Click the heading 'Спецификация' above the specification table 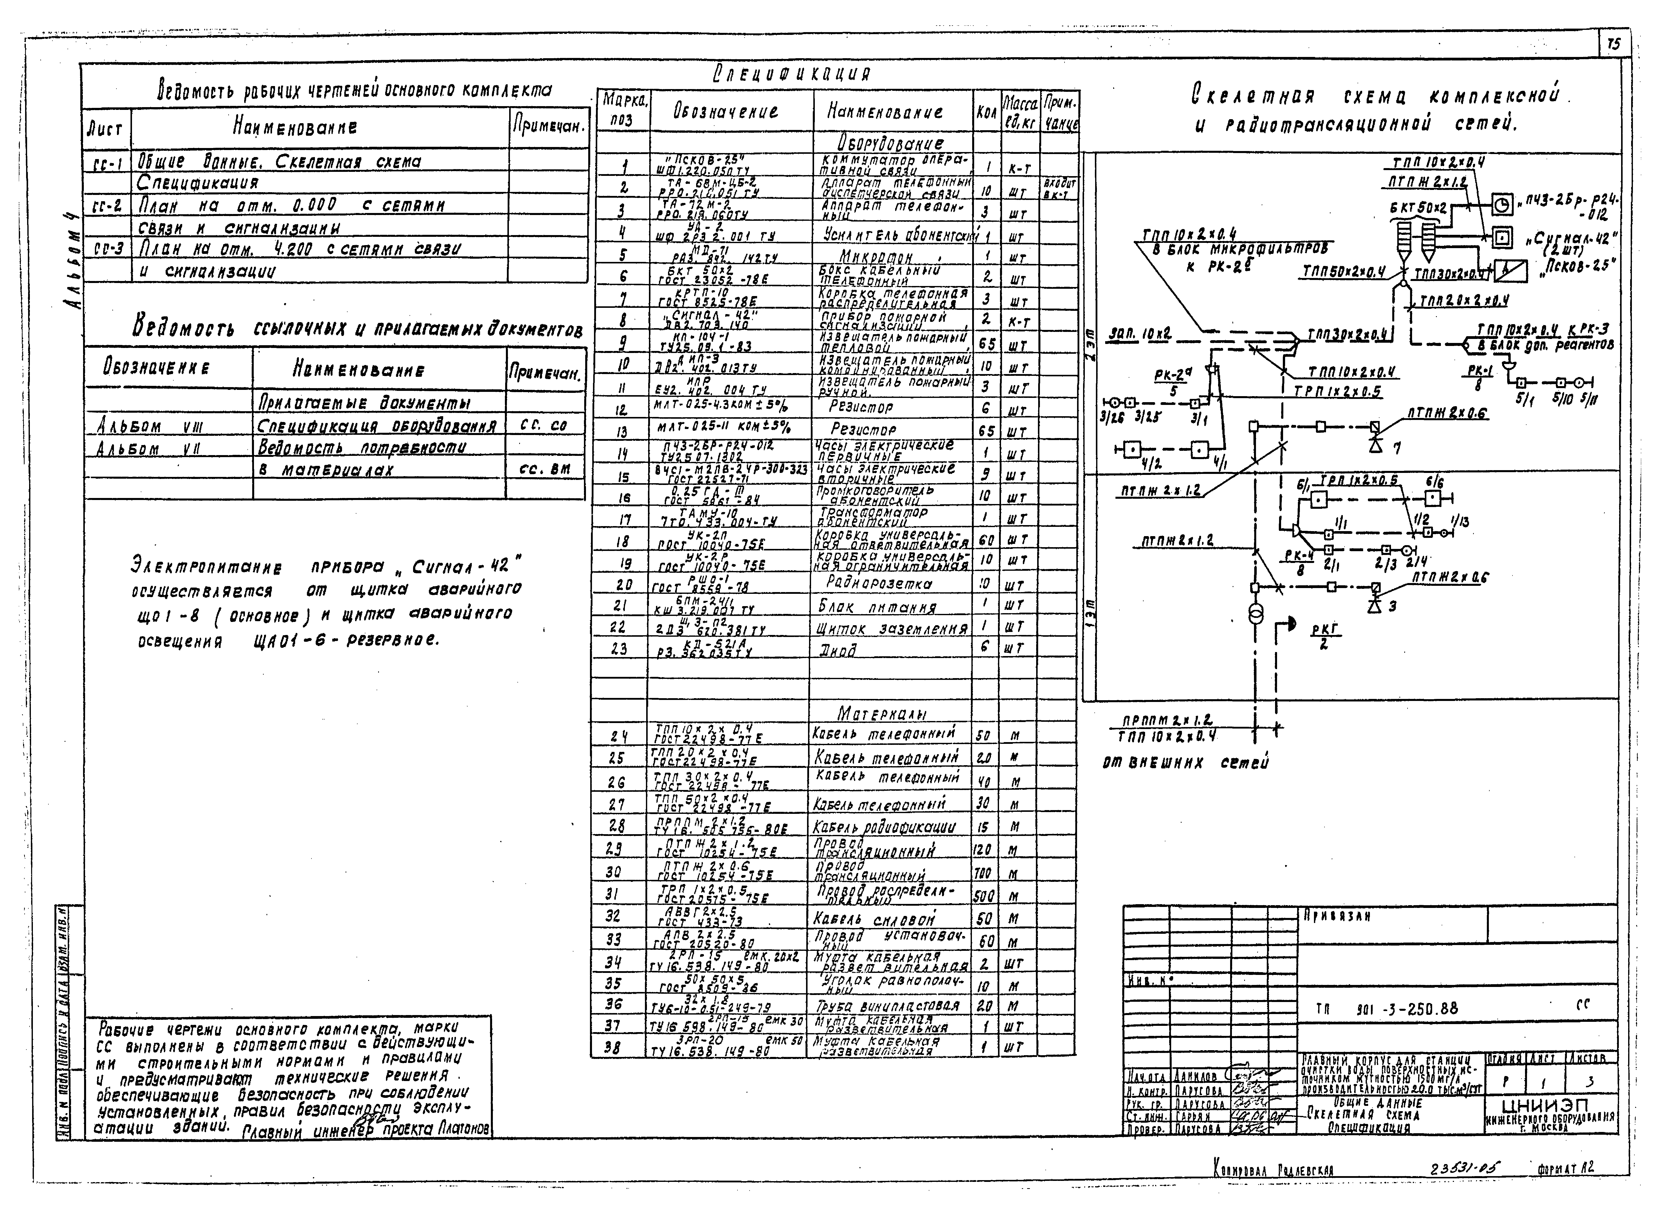[x=791, y=74]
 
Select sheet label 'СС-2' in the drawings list [x=104, y=206]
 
